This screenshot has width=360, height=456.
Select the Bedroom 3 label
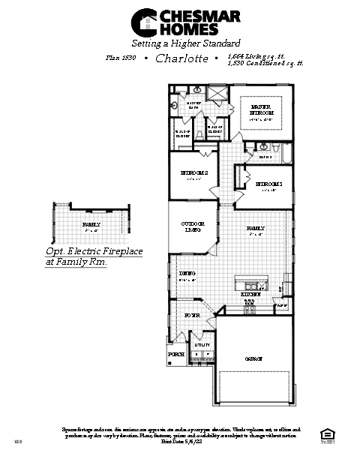tap(268, 184)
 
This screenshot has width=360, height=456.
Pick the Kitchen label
tap(251, 295)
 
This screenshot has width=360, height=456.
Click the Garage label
tap(253, 359)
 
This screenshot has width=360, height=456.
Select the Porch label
tap(176, 353)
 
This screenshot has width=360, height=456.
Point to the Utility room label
tap(202, 345)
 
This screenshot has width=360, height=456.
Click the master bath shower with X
tap(216, 93)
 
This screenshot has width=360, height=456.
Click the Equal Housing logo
tap(325, 433)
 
